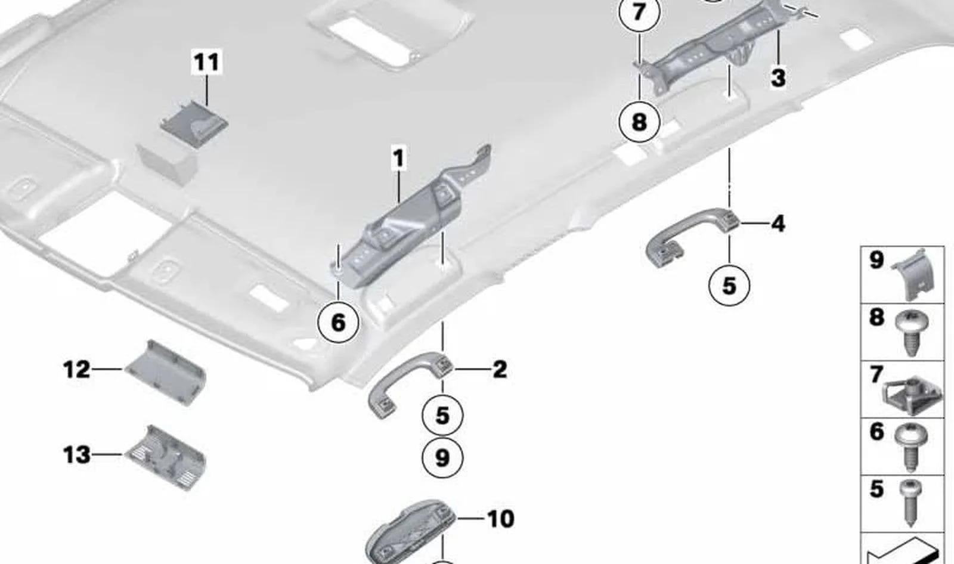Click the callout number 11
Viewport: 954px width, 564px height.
[206, 62]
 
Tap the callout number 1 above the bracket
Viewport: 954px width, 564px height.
[399, 159]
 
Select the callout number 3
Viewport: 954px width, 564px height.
[778, 78]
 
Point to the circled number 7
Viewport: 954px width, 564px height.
[639, 12]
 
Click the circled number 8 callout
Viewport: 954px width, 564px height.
[639, 122]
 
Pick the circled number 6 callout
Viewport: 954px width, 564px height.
[338, 323]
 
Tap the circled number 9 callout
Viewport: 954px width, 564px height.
[442, 458]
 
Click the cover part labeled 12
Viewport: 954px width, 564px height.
[166, 373]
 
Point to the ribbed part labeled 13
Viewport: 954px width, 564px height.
[166, 457]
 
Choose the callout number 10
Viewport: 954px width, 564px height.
[500, 519]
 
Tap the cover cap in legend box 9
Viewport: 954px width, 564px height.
[912, 274]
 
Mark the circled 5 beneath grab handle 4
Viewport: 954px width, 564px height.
[729, 285]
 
